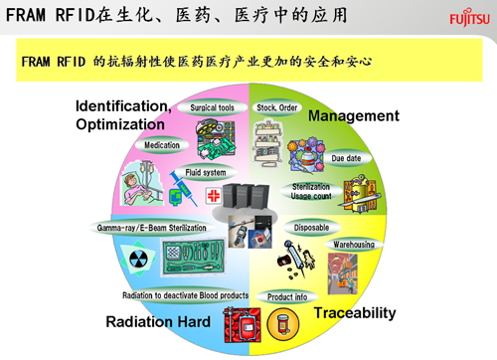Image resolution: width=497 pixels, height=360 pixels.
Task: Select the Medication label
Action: coord(162,145)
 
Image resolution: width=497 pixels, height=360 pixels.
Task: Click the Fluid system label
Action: coord(206,172)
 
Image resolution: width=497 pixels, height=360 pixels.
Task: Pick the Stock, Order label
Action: coord(279,106)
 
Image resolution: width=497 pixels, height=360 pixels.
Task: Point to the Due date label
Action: coord(346,158)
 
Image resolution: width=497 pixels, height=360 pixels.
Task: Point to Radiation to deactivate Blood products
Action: coord(186,296)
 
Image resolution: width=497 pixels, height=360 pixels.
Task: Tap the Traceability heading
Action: coord(355,313)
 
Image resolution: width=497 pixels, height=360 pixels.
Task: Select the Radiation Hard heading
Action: coord(158,322)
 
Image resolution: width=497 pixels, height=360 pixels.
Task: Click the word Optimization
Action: coord(120,124)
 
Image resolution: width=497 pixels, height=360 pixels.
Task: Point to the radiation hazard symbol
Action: coord(140,260)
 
